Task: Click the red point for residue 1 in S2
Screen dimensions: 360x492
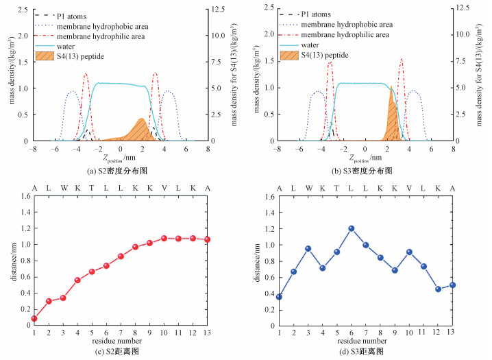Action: click(34, 318)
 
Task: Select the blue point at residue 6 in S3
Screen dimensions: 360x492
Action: click(352, 228)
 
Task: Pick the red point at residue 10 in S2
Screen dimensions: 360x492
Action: click(164, 238)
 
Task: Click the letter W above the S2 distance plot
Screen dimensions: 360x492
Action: click(63, 187)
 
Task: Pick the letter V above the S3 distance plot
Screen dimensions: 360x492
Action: click(410, 187)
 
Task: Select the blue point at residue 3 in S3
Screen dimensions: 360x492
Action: click(308, 248)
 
